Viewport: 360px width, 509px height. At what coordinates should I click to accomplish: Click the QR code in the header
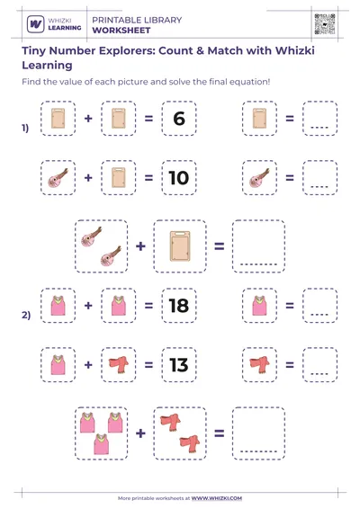(326, 24)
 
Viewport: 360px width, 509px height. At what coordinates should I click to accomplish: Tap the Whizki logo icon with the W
(37, 24)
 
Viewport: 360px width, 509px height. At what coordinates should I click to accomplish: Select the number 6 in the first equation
(178, 119)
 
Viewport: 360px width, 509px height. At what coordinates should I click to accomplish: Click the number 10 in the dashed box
(178, 178)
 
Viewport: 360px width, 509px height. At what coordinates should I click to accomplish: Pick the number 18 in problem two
(178, 306)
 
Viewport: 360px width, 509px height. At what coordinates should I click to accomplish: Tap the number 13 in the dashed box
(178, 364)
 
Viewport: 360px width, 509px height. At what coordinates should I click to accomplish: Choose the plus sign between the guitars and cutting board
(141, 245)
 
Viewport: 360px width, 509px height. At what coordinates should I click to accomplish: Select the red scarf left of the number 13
(118, 364)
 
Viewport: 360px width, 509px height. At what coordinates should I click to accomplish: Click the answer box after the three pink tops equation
(258, 433)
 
